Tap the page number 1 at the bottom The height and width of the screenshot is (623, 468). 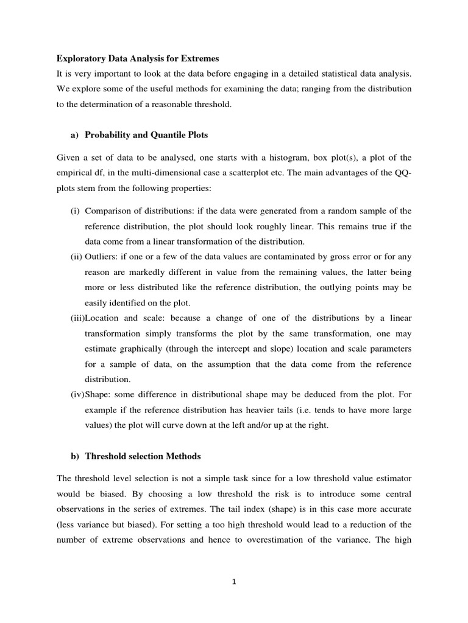234,581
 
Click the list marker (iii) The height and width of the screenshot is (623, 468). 77,318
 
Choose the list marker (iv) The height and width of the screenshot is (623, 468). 77,395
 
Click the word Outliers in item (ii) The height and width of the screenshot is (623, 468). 101,257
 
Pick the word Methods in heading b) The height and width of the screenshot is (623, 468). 183,456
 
